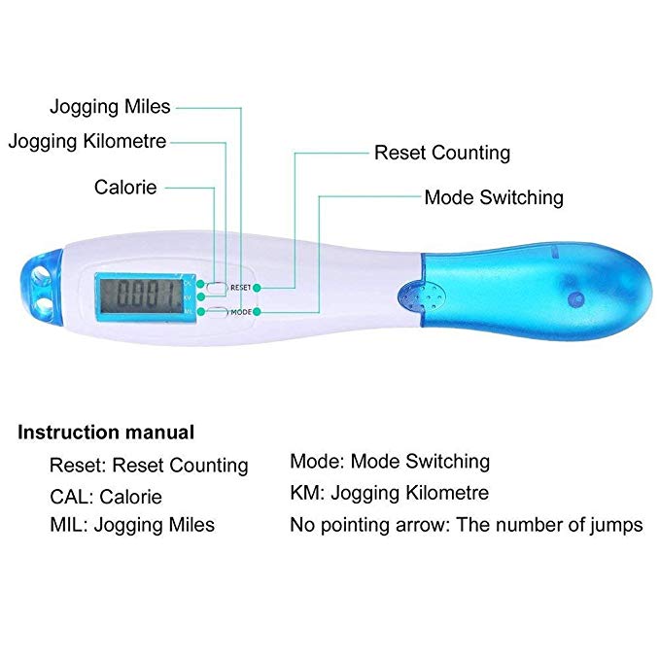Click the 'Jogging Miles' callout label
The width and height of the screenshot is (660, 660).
110,107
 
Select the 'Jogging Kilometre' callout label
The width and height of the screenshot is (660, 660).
87,141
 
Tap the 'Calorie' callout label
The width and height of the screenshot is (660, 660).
125,187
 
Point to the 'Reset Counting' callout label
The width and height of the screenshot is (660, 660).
441,153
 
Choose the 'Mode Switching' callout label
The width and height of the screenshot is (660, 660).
493,197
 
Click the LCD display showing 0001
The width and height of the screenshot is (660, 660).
146,294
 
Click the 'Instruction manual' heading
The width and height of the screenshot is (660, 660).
106,433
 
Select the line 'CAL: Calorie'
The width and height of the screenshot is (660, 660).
106,497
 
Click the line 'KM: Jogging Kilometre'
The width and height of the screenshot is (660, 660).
389,493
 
